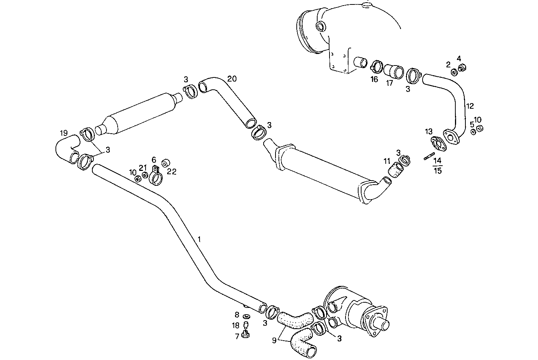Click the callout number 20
point(232,79)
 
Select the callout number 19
point(64,133)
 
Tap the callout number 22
point(172,172)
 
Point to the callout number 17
point(389,83)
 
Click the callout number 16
point(374,79)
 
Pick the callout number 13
point(429,131)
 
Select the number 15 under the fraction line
point(438,171)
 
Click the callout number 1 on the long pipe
point(200,239)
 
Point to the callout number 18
point(236,325)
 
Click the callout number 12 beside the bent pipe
point(470,106)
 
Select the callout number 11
point(387,161)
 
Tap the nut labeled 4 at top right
point(462,68)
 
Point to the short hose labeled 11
point(396,171)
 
